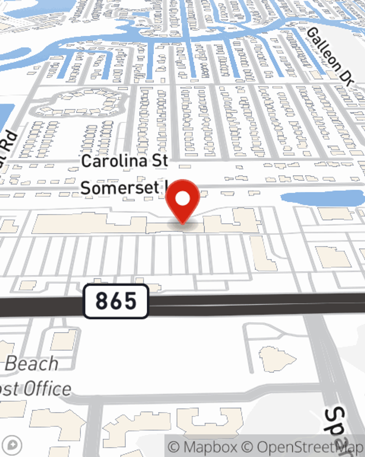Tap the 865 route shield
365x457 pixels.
coord(116,301)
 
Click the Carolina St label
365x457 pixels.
coord(124,161)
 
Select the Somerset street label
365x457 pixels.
coord(120,188)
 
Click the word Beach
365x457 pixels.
coord(32,364)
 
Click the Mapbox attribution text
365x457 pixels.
coord(203,447)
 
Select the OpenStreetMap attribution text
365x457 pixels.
coord(303,447)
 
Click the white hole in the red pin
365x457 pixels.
coord(182,199)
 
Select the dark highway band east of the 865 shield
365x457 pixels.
coord(255,303)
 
